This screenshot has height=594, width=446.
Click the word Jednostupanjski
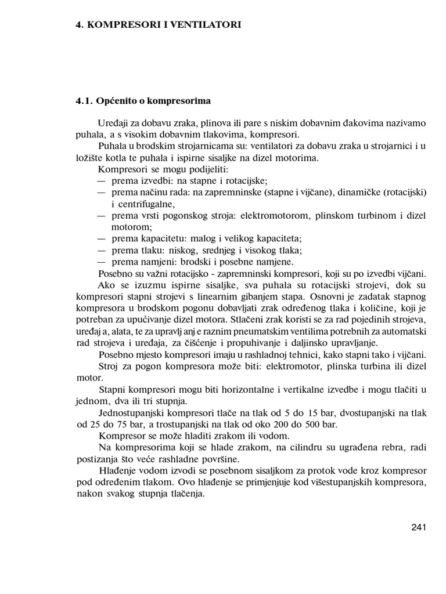click(131, 412)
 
